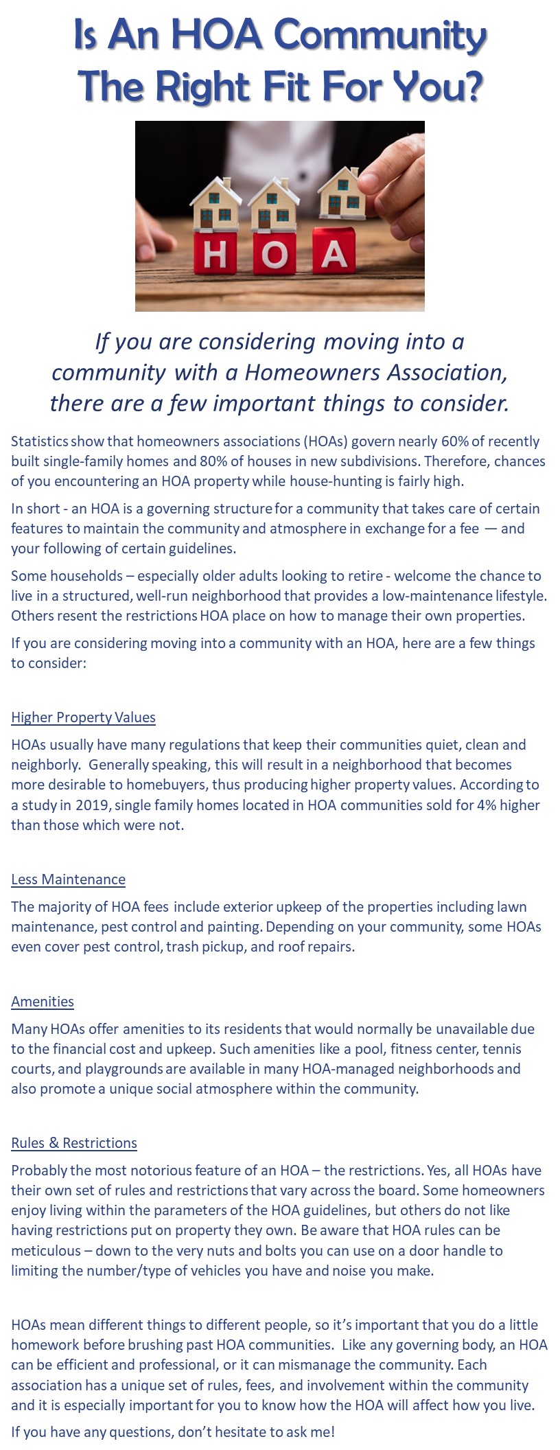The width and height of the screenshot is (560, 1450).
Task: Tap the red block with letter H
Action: pyautogui.click(x=215, y=255)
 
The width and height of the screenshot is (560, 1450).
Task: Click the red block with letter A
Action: pyautogui.click(x=334, y=253)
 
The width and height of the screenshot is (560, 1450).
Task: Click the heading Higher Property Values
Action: pyautogui.click(x=83, y=717)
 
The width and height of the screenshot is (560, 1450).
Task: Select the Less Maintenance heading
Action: pyautogui.click(x=68, y=879)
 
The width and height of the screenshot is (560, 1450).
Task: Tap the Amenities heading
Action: pyautogui.click(x=43, y=1002)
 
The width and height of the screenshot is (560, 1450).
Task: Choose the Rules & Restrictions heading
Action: pyautogui.click(x=74, y=1143)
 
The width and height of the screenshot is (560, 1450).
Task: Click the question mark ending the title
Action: pyautogui.click(x=470, y=87)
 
